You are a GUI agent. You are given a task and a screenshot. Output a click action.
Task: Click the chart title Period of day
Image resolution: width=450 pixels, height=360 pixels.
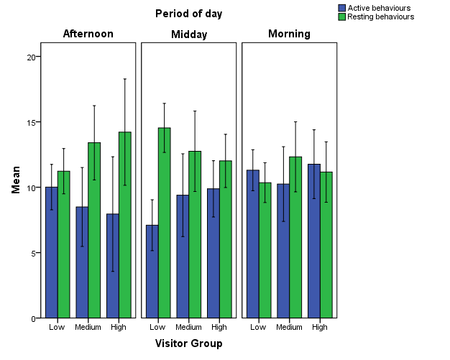188,13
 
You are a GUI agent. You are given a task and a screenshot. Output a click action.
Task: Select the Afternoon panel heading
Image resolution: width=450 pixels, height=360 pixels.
88,34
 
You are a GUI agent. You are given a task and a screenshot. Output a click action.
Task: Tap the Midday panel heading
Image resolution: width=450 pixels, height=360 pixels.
188,34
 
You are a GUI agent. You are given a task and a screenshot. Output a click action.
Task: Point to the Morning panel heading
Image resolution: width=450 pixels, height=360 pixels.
289,34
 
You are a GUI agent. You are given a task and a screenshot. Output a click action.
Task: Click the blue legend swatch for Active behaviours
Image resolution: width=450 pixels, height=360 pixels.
342,8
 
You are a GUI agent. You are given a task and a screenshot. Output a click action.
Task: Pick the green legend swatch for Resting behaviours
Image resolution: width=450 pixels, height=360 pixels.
342,17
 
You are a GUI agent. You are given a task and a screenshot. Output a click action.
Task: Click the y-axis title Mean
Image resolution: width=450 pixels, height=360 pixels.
16,180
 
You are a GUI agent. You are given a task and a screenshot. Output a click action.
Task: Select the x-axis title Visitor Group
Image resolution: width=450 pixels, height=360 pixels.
188,343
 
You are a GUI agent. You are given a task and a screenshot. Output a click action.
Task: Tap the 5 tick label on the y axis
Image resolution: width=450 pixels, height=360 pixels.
32,253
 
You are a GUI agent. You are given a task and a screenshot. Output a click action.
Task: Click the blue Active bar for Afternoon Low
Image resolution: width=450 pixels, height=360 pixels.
51,251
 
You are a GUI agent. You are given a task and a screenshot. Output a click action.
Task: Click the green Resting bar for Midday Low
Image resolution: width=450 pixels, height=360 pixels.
164,222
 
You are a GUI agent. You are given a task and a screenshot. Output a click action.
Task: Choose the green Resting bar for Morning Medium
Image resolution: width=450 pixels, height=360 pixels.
295,237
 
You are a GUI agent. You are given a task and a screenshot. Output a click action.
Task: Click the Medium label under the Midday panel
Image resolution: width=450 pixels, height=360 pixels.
188,328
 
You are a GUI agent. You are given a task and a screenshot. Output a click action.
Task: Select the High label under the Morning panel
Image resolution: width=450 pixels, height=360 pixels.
320,328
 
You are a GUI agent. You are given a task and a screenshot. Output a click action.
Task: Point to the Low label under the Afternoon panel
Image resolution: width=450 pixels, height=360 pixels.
57,328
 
